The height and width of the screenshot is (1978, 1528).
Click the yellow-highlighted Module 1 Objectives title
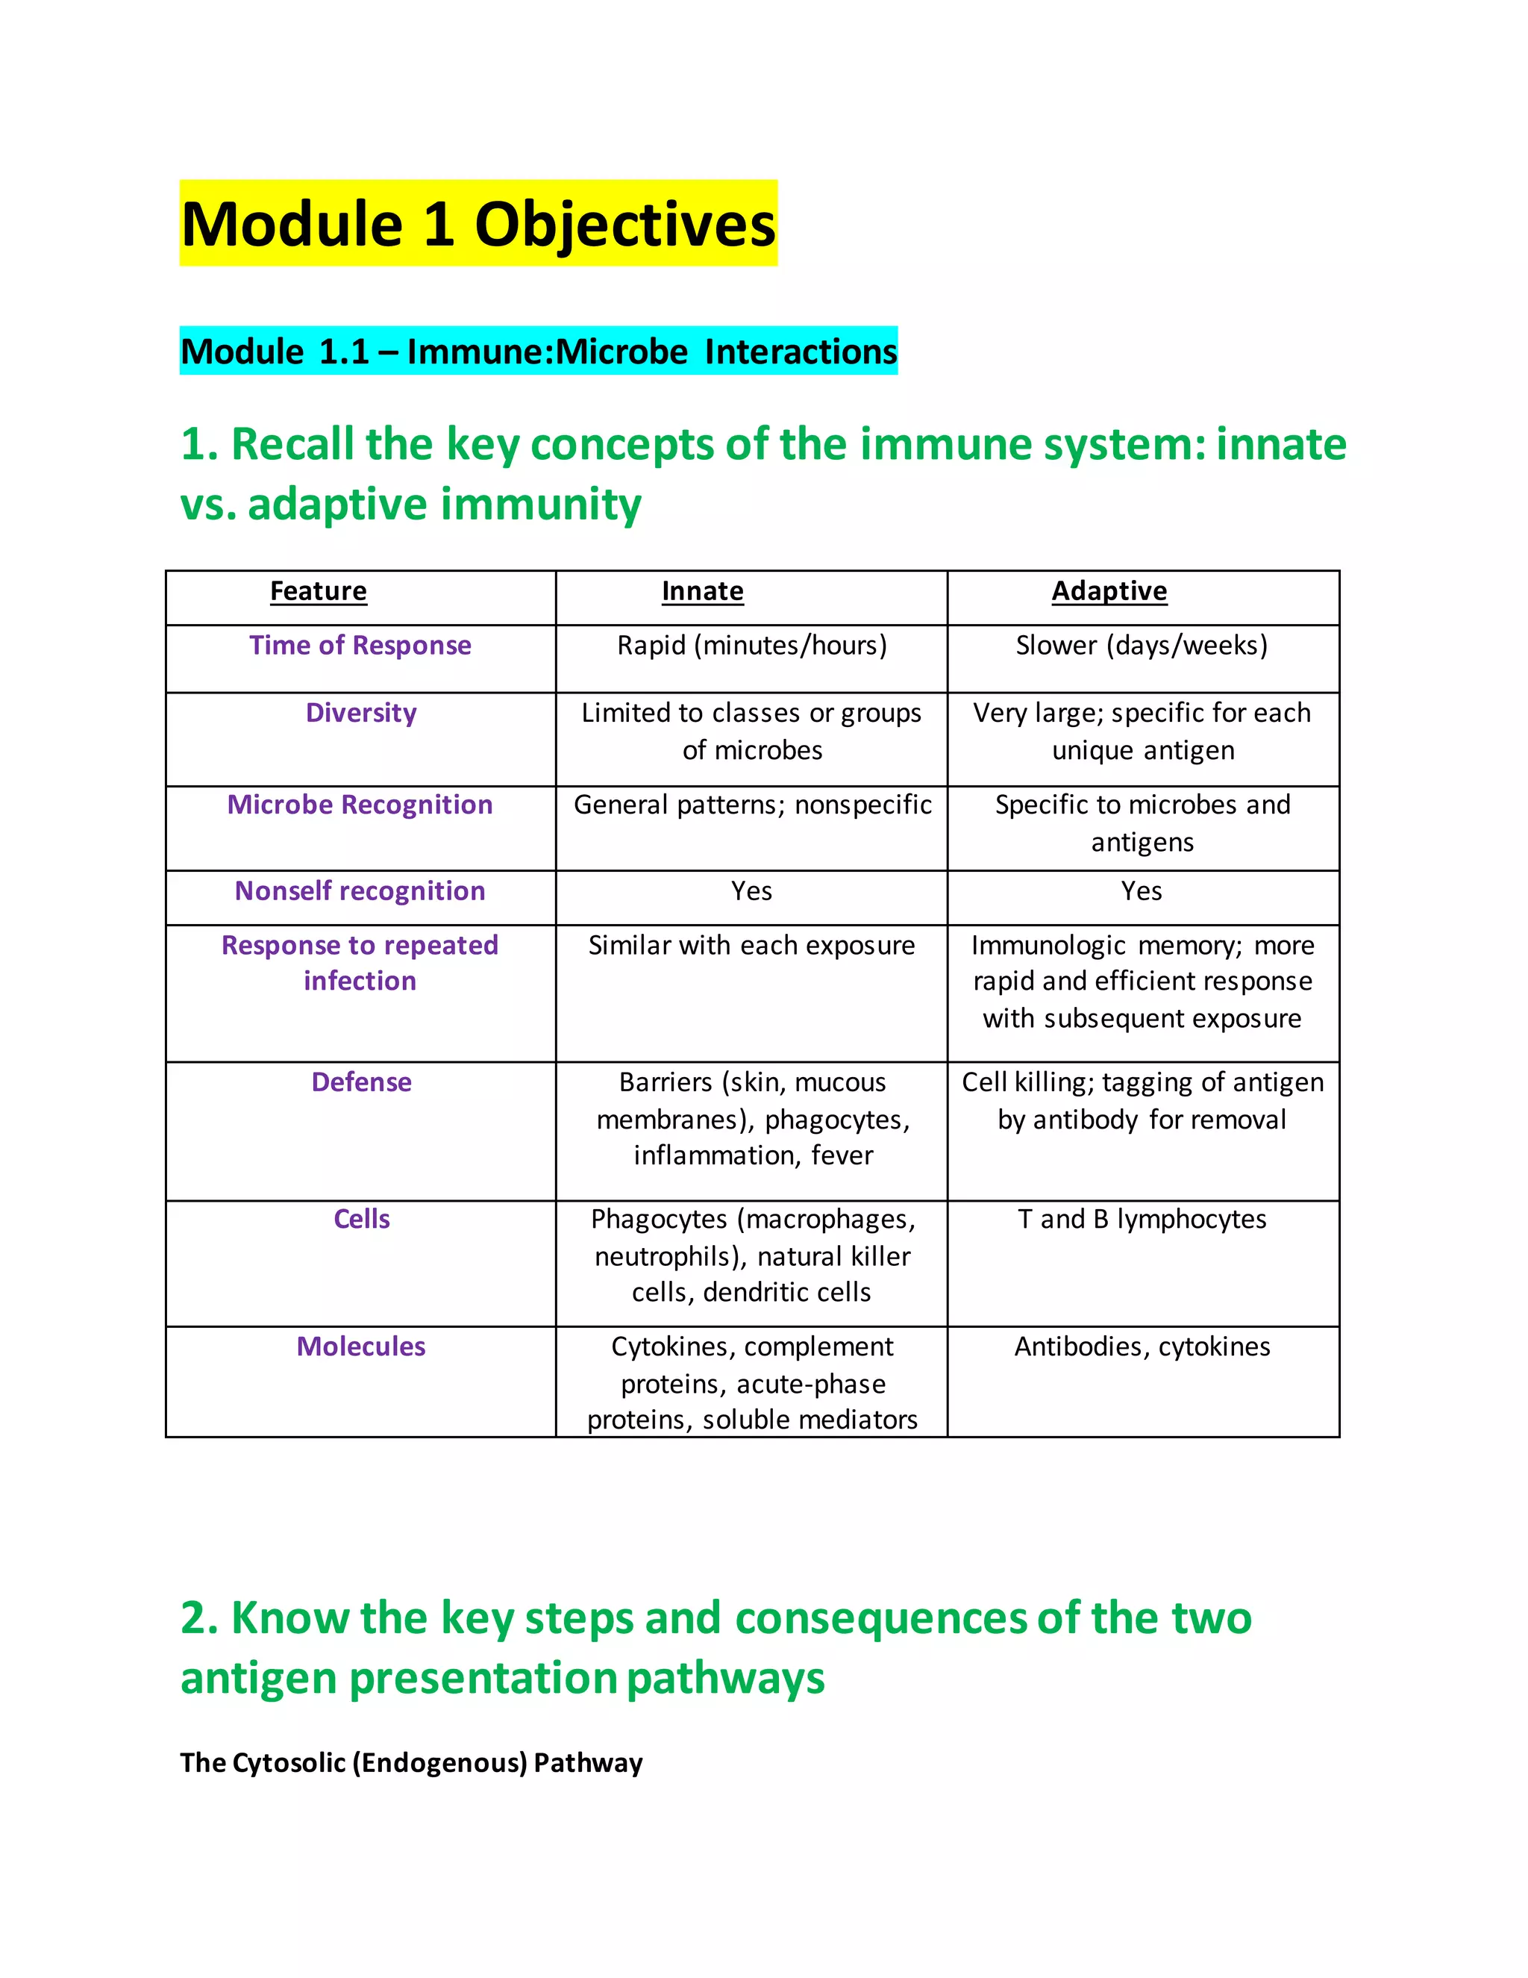pos(478,224)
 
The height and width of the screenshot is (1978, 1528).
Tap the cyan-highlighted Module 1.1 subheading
pos(539,352)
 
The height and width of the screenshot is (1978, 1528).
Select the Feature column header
pos(319,591)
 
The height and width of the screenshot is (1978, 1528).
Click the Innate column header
pos(702,591)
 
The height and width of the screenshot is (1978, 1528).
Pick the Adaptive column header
pos(1109,591)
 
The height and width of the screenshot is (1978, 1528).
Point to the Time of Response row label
pos(360,646)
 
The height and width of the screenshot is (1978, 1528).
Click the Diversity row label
pos(361,713)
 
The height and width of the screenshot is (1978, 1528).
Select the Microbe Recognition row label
pos(360,805)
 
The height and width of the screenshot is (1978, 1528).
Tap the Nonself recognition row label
pos(360,891)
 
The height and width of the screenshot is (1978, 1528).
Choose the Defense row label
pos(361,1082)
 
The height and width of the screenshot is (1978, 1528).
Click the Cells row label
pos(361,1219)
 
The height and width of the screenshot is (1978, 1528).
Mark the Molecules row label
pos(361,1347)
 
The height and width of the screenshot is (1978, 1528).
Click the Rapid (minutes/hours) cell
pos(752,646)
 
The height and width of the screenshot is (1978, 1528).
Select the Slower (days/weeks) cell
pos(1142,646)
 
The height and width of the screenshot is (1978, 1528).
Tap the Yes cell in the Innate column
pos(751,891)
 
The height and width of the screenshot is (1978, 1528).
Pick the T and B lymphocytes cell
pos(1142,1219)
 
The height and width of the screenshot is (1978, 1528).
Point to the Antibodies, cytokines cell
pos(1142,1347)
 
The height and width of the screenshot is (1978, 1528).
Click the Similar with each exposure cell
pos(751,946)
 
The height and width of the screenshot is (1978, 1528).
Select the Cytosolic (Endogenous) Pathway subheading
pos(411,1762)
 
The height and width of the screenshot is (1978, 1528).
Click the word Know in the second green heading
pos(289,1617)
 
